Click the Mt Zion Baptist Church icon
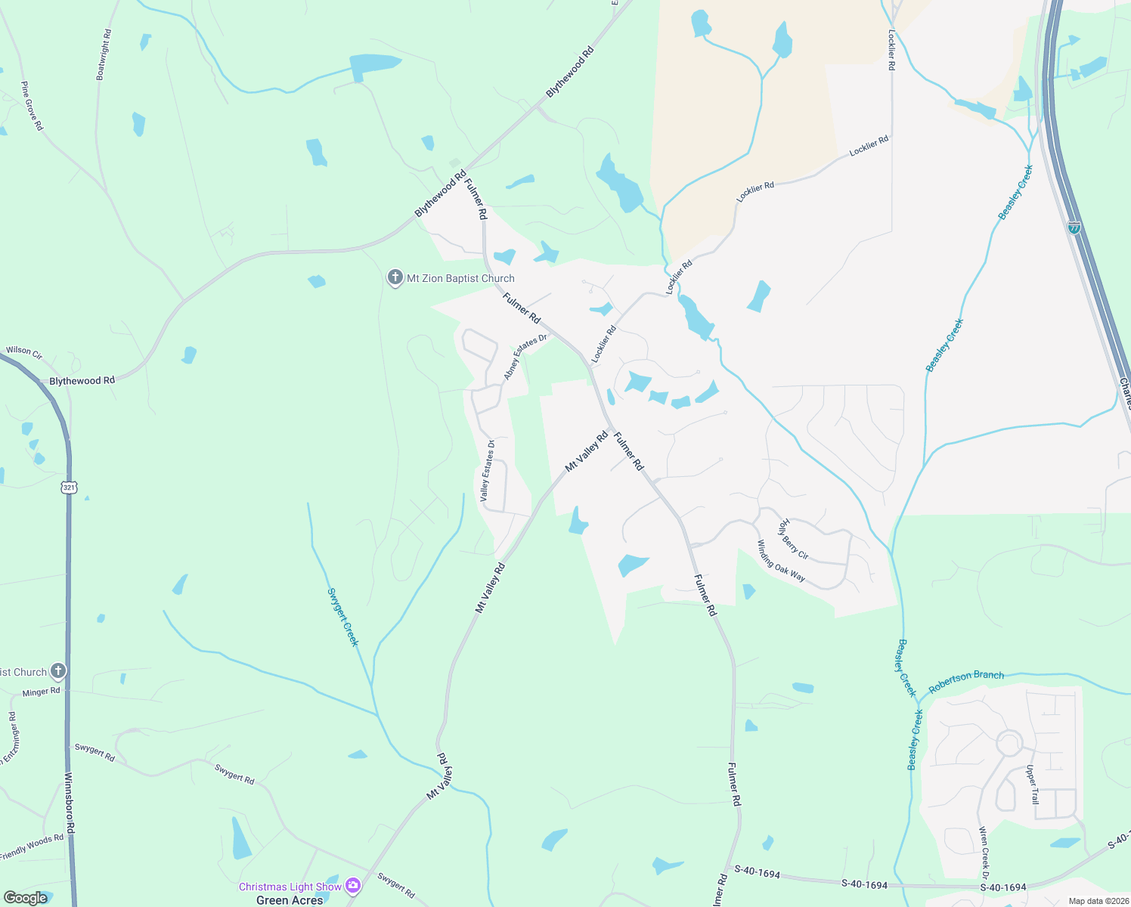point(395,278)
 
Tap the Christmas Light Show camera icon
point(352,885)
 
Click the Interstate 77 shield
point(1074,227)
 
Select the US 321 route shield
point(70,488)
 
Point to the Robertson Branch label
point(966,681)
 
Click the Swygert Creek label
point(342,617)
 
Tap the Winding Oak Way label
point(781,561)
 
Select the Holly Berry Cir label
point(793,539)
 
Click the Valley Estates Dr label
point(487,471)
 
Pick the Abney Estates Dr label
point(525,356)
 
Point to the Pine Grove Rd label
point(32,106)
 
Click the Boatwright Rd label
point(104,55)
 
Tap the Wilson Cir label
point(24,351)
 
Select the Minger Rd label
point(41,692)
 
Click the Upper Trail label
point(1033,785)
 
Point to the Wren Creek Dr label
point(984,853)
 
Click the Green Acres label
point(290,900)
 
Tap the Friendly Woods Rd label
point(32,847)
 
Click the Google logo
point(26,898)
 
